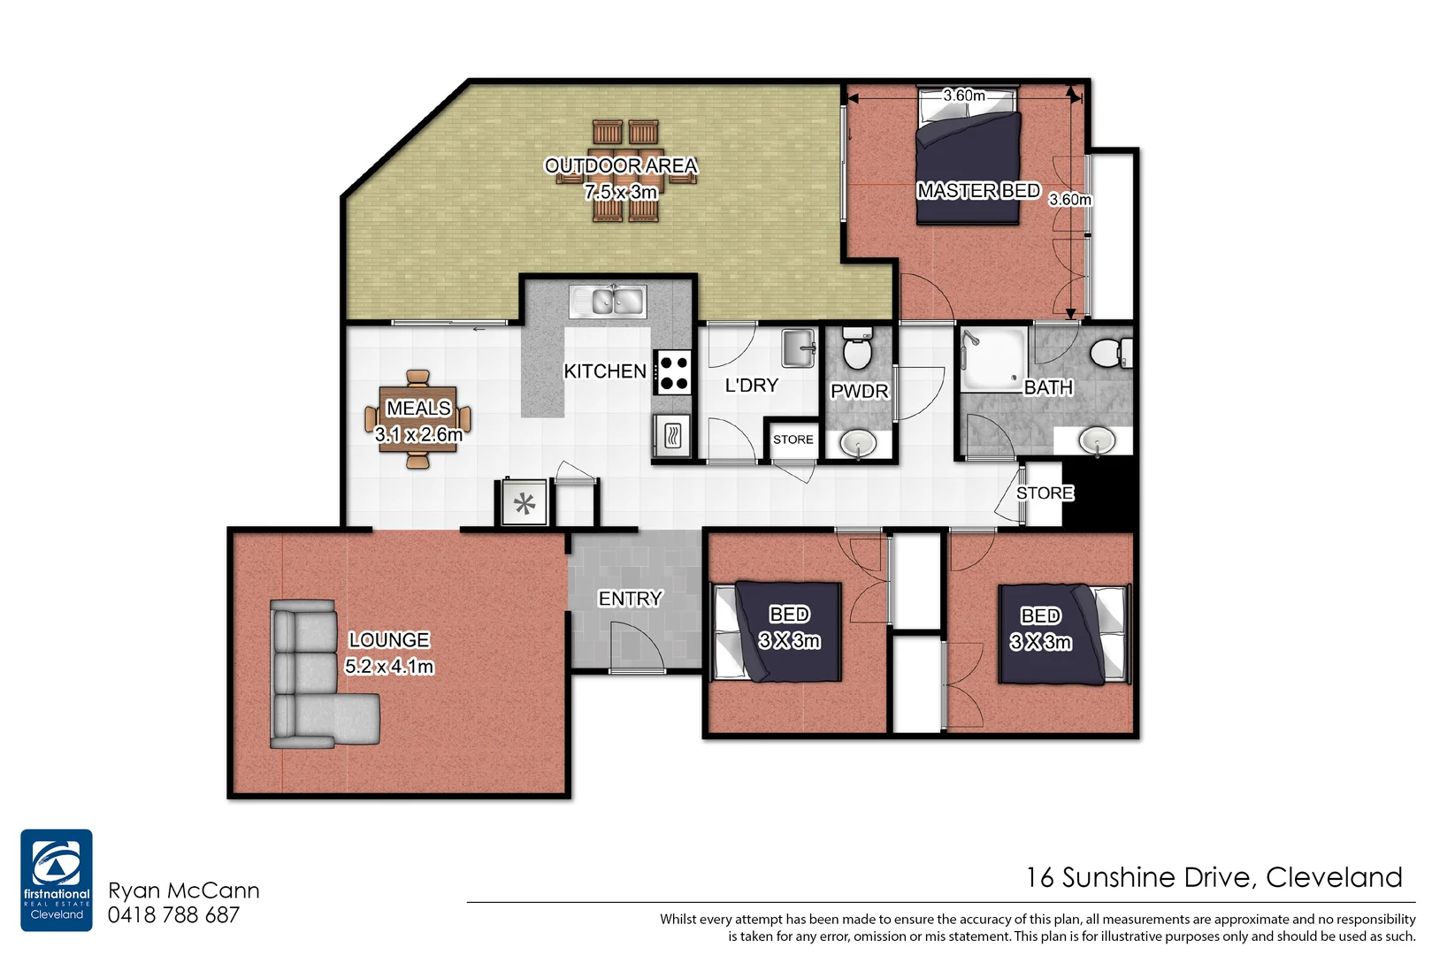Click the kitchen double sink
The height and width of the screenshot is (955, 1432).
pyautogui.click(x=608, y=302)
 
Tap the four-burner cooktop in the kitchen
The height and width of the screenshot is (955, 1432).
pyautogui.click(x=673, y=372)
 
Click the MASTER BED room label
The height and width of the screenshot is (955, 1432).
pyautogui.click(x=978, y=191)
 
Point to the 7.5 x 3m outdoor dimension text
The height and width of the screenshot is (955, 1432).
pyautogui.click(x=621, y=192)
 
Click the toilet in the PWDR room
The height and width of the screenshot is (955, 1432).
pyautogui.click(x=856, y=348)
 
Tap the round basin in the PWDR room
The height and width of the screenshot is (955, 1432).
pyautogui.click(x=857, y=443)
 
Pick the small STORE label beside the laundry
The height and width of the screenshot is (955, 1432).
pyautogui.click(x=793, y=439)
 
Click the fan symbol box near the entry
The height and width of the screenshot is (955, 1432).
pyautogui.click(x=525, y=504)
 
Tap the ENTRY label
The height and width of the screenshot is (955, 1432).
pyautogui.click(x=630, y=599)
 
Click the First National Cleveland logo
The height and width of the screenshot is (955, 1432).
pyautogui.click(x=57, y=879)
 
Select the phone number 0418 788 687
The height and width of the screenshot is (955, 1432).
pyautogui.click(x=173, y=915)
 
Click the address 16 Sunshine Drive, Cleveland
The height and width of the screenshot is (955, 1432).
pyautogui.click(x=1214, y=877)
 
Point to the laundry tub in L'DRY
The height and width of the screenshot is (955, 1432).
pyautogui.click(x=799, y=348)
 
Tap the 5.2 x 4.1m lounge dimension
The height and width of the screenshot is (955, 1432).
pyautogui.click(x=389, y=667)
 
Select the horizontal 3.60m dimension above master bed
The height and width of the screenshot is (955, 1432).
pyautogui.click(x=963, y=95)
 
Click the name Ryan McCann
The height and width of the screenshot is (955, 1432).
pyautogui.click(x=184, y=890)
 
